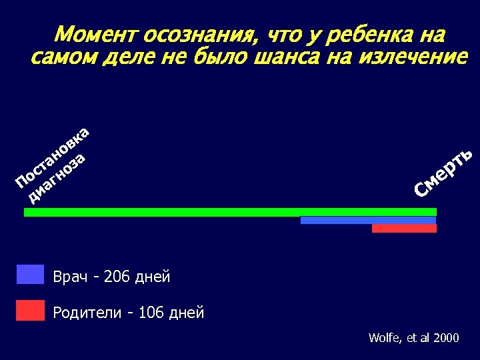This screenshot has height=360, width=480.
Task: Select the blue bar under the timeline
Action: coord(368,220)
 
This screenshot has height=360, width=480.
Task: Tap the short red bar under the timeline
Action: coord(404,228)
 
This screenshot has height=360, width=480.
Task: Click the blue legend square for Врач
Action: coord(30,275)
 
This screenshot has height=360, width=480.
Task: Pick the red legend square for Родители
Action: coord(30,310)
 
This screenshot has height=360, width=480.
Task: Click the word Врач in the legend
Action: coord(69,276)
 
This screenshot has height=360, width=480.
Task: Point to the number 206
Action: coord(117,276)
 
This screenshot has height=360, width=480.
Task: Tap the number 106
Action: coord(151,312)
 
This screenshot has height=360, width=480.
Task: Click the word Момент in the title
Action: coord(95,35)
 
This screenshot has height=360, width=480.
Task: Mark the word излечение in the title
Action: coord(413,57)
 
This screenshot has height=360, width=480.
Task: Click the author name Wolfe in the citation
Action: coord(383,338)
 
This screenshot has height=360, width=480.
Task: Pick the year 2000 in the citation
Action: coord(446,338)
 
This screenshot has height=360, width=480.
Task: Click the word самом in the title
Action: coord(60,57)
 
